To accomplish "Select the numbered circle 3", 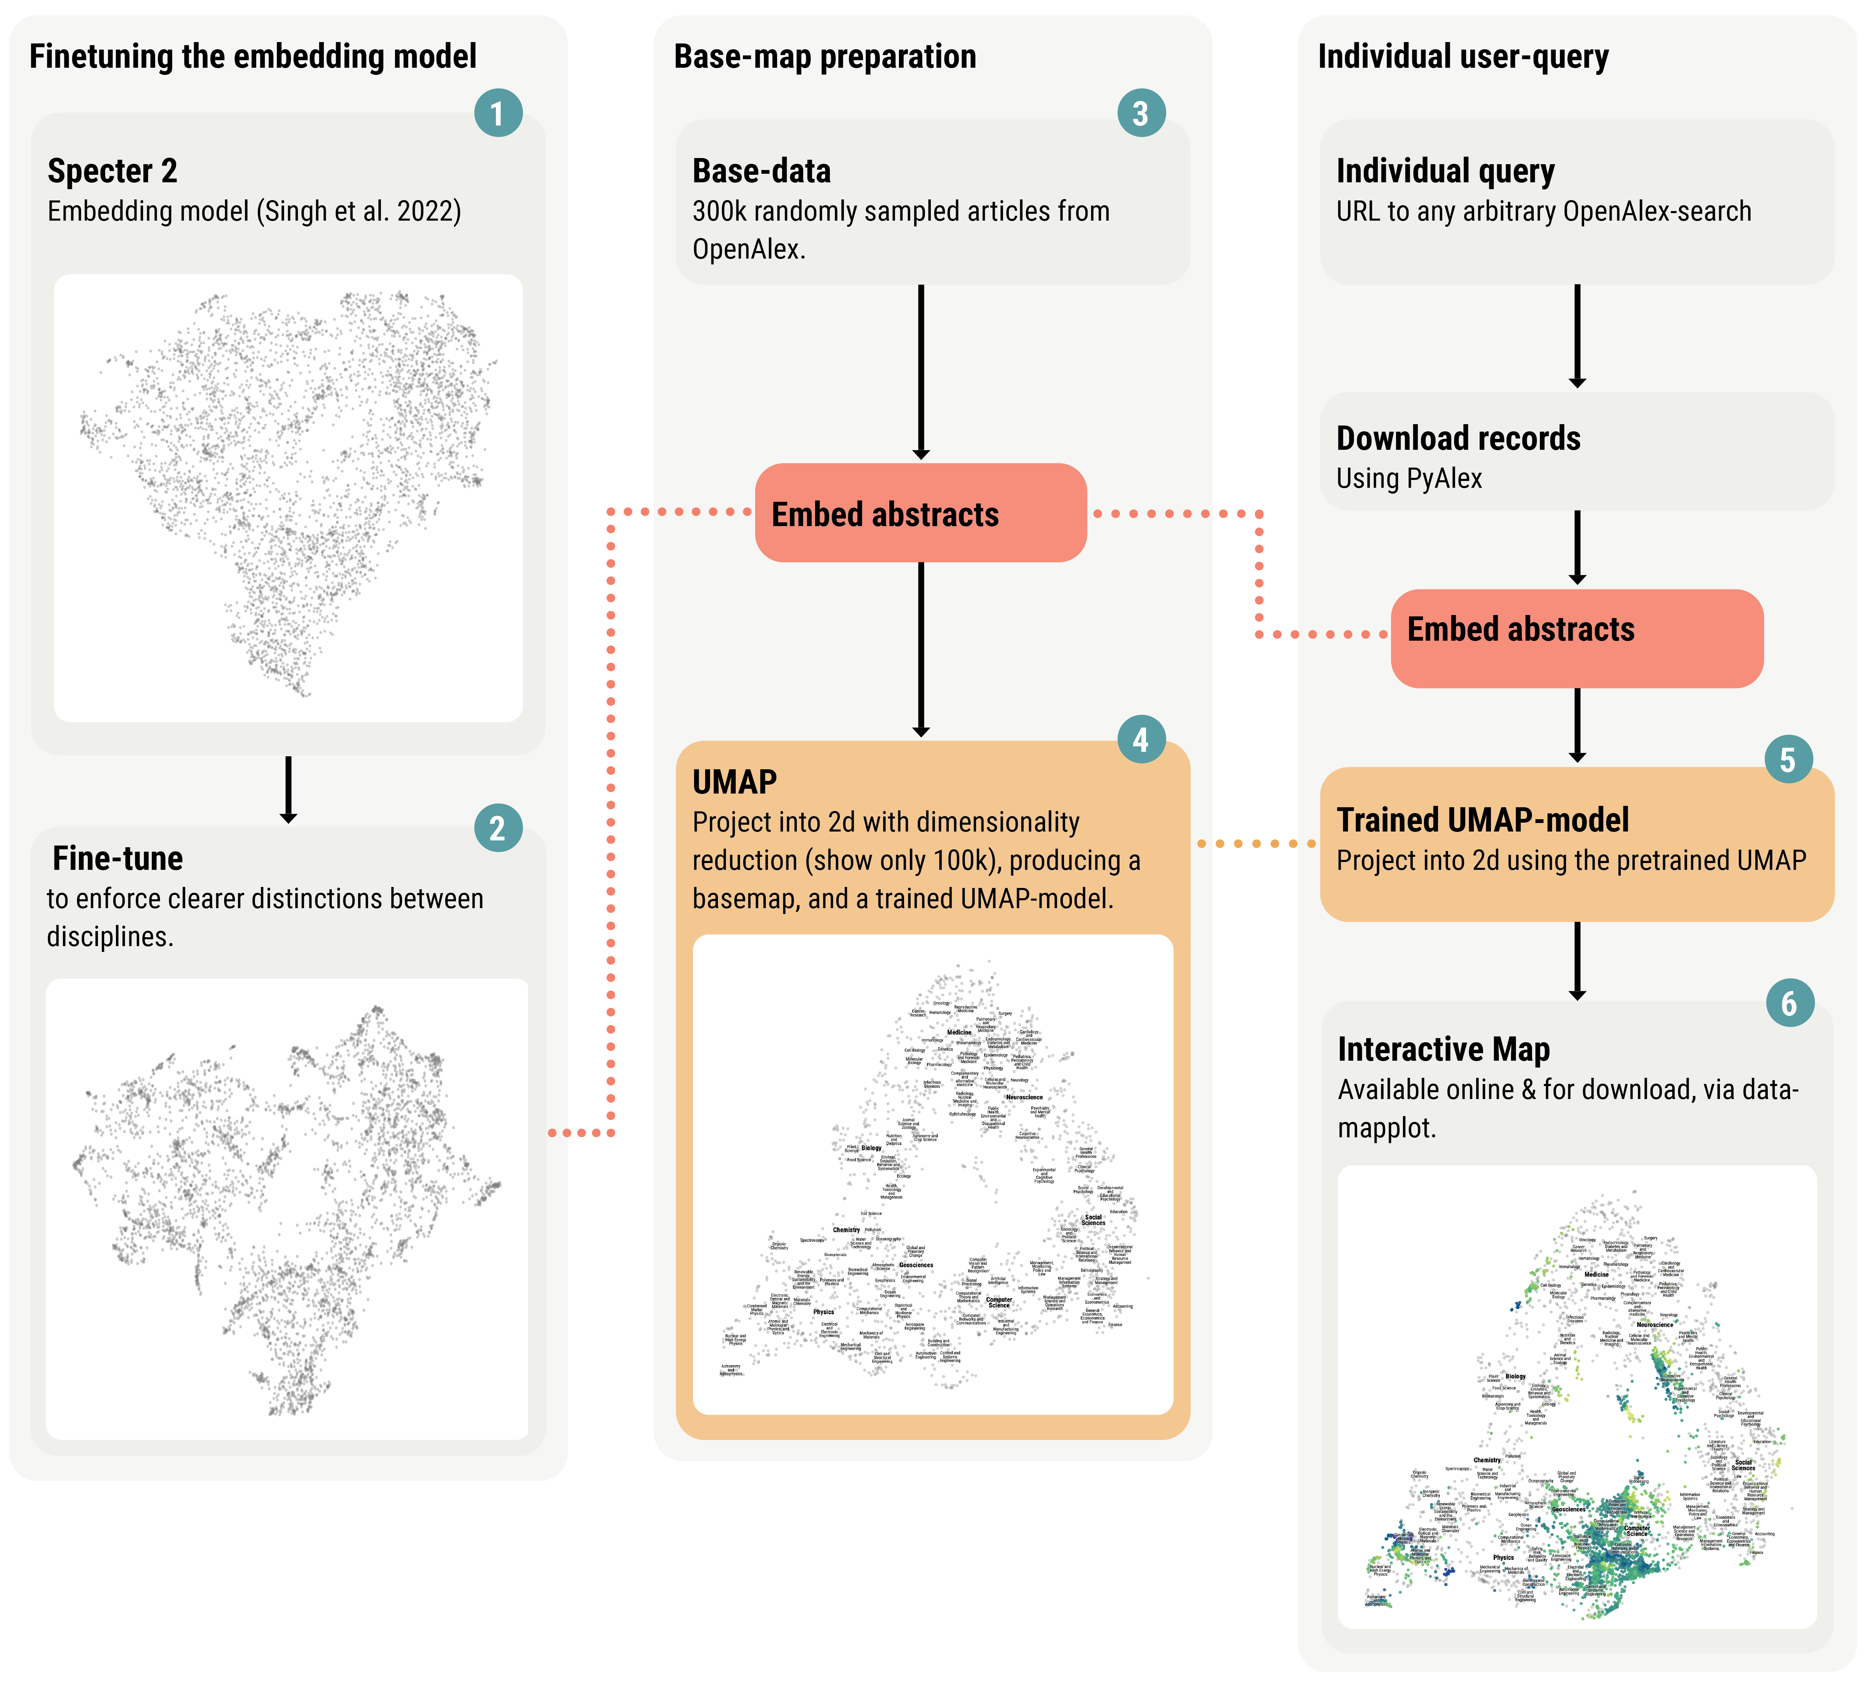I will point(1141,113).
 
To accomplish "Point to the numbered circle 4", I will point(1141,740).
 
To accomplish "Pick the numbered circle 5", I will point(1788,759).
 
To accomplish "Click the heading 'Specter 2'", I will point(112,171).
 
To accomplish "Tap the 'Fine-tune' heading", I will point(118,858).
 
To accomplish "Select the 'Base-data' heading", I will point(761,171).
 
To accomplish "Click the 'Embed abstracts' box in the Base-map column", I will point(920,513).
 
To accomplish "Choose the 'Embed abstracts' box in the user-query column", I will point(1576,638).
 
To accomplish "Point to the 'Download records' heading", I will point(1458,438).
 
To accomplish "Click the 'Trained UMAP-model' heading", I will point(1482,820).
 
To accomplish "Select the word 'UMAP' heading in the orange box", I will point(734,782).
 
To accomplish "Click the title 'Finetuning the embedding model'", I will point(253,56).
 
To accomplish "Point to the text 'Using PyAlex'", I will point(1408,479).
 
